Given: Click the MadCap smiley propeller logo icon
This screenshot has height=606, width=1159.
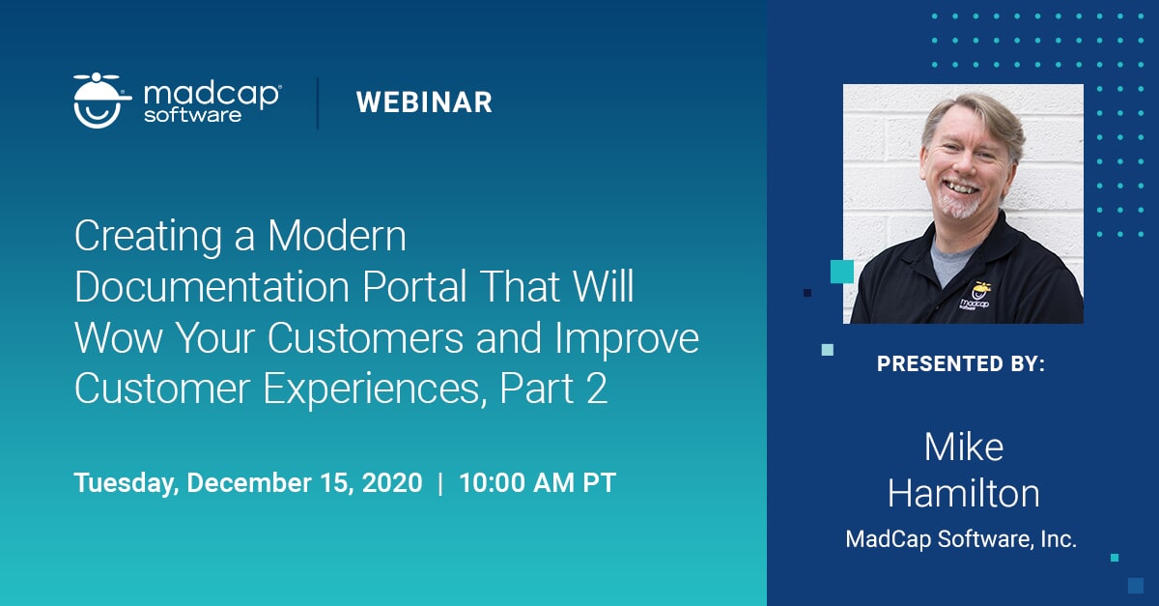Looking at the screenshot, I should pos(102,101).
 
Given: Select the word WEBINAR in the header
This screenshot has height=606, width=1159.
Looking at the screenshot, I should pos(424,102).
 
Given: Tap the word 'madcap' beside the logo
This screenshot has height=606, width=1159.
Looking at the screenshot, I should pos(212,93).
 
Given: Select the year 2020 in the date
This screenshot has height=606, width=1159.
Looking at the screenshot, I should pos(391,483).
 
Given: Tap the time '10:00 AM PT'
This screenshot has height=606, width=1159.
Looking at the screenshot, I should pos(537,483).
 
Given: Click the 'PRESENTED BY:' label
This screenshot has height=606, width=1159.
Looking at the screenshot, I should pos(961,364).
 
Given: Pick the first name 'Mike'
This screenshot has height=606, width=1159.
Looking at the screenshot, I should pos(963,447).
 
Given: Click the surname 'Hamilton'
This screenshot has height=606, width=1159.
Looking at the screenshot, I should pos(963,493).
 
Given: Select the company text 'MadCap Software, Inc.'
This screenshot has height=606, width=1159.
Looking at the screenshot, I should pos(961,539).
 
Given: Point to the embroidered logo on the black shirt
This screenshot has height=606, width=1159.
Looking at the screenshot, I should pos(977,295).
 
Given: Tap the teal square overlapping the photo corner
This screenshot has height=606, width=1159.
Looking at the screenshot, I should pos(841,272).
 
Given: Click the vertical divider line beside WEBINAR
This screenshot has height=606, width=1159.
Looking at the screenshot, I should pos(318,102).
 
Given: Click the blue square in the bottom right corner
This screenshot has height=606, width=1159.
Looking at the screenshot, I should pos(1135,585).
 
